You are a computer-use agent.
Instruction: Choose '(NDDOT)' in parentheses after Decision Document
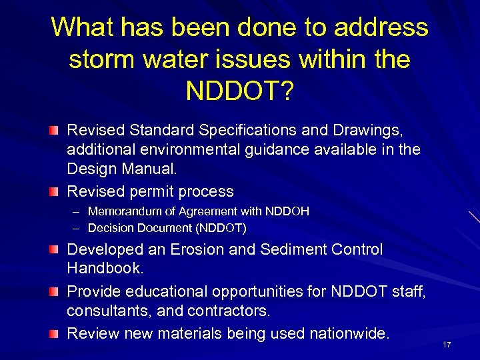[222, 228]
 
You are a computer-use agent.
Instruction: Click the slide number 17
[447, 345]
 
